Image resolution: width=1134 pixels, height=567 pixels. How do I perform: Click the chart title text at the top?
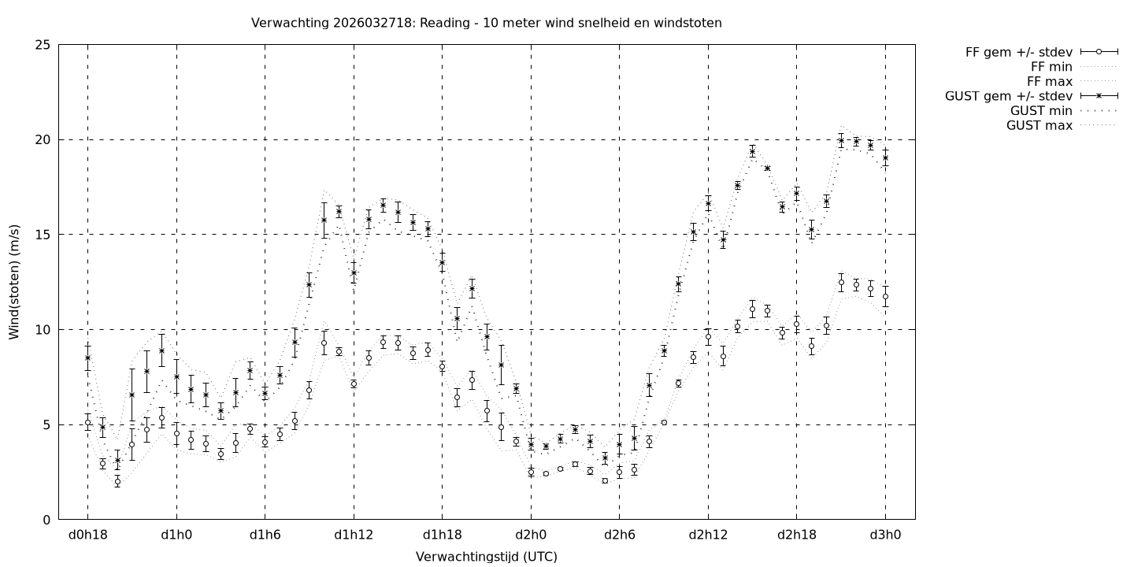[486, 23]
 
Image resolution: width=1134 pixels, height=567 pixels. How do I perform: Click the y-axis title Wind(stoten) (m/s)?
[14, 281]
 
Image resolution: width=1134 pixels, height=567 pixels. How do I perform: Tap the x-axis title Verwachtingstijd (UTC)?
[486, 557]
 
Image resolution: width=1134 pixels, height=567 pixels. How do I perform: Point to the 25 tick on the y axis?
[43, 45]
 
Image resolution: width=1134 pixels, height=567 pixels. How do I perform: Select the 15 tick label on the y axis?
[43, 235]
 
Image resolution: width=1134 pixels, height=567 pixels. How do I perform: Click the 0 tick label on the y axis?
[47, 520]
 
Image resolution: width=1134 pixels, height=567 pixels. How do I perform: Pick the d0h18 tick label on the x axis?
[87, 535]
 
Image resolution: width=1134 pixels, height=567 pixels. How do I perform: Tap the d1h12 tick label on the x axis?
[354, 535]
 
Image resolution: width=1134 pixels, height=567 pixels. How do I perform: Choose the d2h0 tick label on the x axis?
[531, 535]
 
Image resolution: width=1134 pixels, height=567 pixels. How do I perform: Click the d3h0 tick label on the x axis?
[885, 535]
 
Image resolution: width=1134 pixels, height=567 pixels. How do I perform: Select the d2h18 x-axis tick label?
[796, 535]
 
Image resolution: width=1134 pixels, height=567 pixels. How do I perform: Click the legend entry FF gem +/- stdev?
[1018, 52]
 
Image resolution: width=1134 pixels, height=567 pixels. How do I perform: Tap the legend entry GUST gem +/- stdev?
[1008, 96]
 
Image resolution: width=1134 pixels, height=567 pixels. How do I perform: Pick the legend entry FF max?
[1050, 81]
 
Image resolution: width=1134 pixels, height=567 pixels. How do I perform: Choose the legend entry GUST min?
[1041, 111]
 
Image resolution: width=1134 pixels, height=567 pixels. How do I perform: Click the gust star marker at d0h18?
[87, 358]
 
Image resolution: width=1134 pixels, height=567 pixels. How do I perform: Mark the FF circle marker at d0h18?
[87, 423]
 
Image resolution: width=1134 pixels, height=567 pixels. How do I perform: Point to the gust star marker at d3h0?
[885, 157]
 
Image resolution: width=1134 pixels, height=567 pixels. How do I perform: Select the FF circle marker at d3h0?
[885, 296]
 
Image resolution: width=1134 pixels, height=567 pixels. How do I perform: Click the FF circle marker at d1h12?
[354, 384]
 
